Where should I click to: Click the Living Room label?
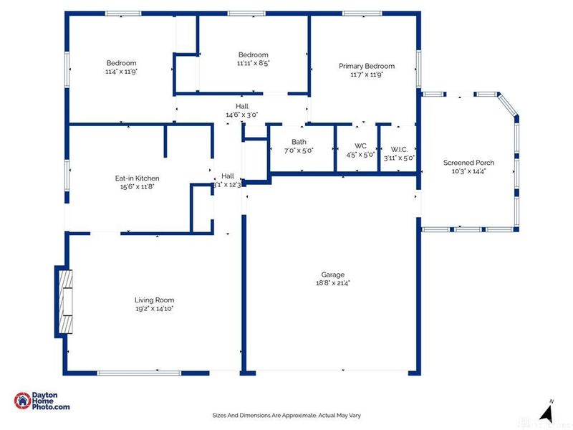click(x=154, y=300)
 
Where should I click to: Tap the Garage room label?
click(x=332, y=274)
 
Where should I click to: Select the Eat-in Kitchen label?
click(x=137, y=178)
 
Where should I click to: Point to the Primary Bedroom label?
click(x=367, y=66)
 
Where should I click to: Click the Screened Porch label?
click(x=468, y=163)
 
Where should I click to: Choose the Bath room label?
click(x=299, y=142)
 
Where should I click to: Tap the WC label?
click(x=360, y=146)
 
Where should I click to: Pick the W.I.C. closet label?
click(x=399, y=149)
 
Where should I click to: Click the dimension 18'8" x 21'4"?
click(x=332, y=283)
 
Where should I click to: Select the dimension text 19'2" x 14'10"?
click(x=154, y=309)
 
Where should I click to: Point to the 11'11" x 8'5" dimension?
click(x=253, y=63)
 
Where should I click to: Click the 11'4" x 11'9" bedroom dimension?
click(x=121, y=71)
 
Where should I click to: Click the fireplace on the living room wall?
click(x=64, y=301)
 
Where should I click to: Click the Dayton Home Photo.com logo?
click(x=43, y=402)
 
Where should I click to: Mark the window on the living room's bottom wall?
click(x=139, y=373)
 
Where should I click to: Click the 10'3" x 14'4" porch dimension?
click(x=468, y=171)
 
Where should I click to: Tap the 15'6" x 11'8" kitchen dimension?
click(x=137, y=186)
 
